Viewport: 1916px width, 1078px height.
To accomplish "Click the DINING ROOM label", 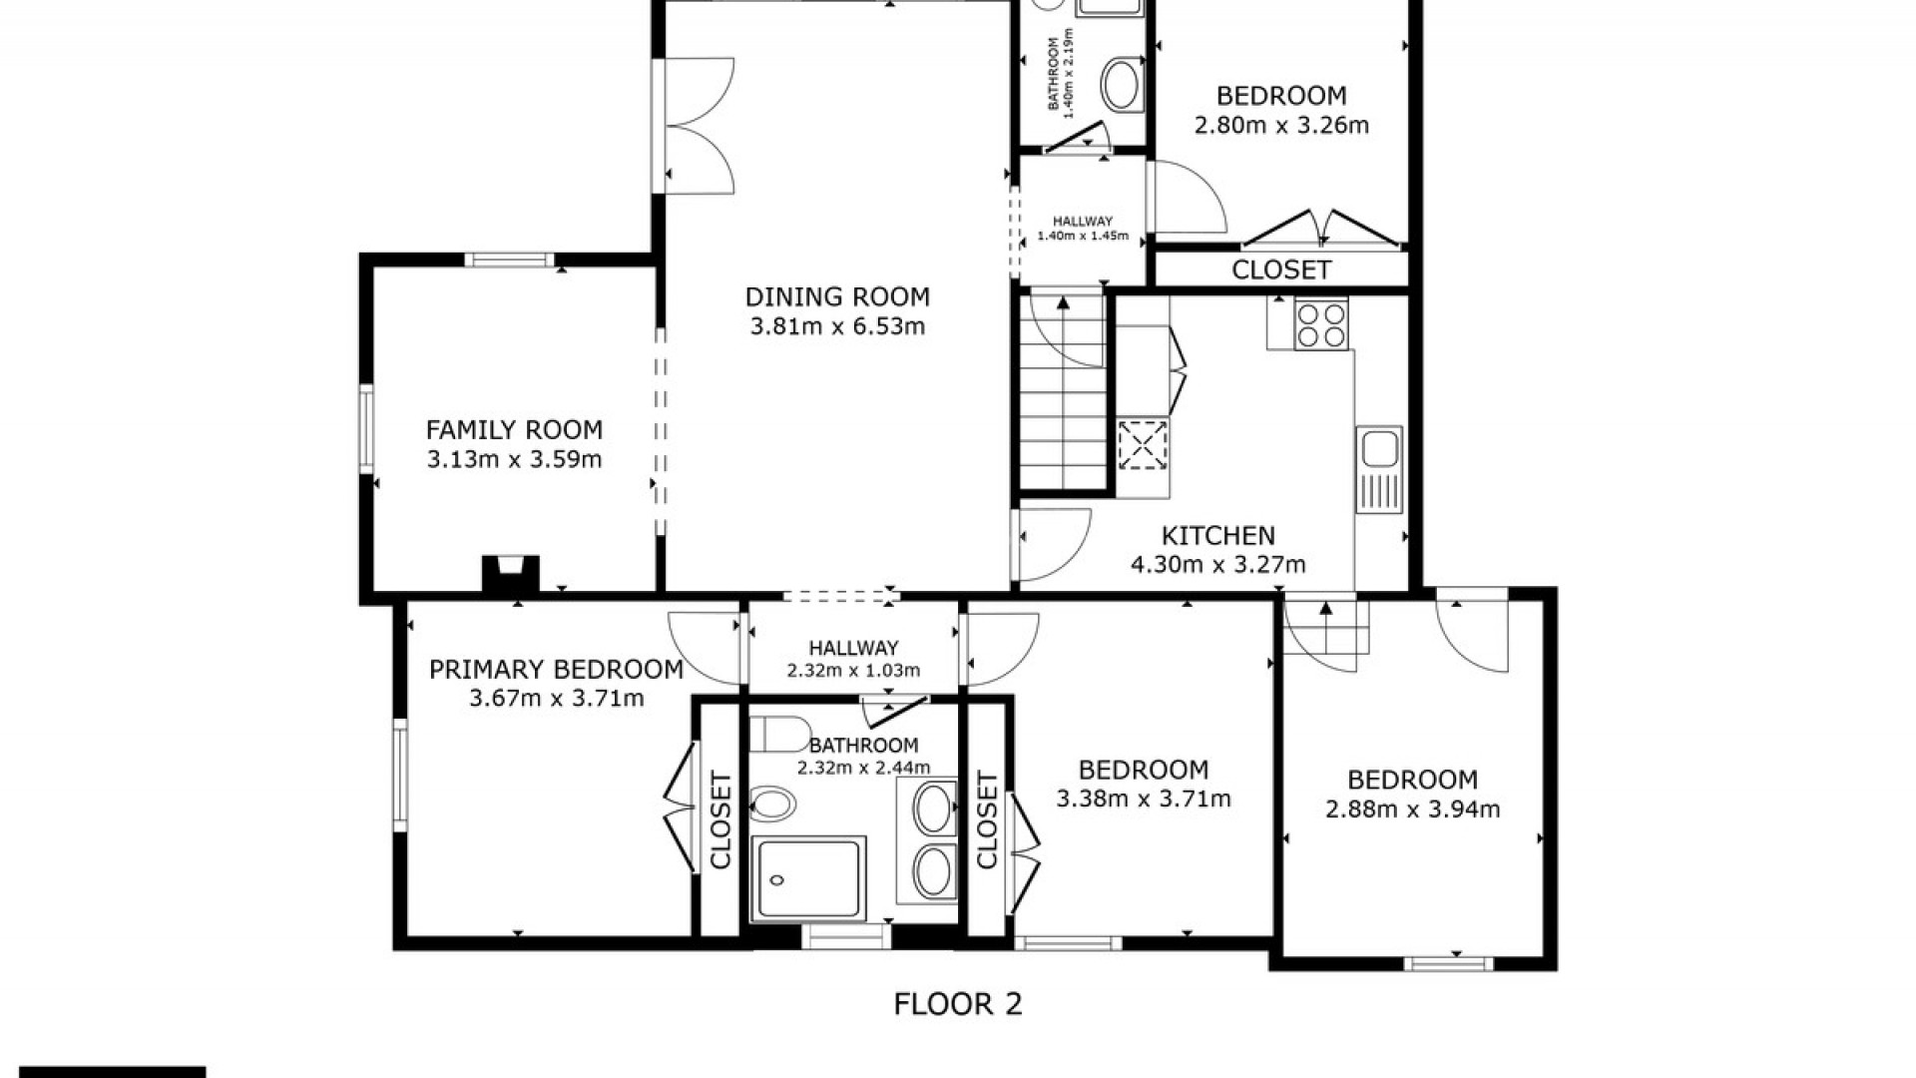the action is [837, 296].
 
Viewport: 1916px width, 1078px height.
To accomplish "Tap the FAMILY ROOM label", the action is [514, 430].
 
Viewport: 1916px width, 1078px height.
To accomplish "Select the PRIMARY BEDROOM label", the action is [556, 669].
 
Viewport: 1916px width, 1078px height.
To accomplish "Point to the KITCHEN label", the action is [1217, 536].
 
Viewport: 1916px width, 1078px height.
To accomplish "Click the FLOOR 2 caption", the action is [958, 1003].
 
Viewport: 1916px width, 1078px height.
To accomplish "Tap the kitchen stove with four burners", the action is [1321, 324].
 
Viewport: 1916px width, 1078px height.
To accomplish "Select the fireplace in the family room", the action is [511, 575].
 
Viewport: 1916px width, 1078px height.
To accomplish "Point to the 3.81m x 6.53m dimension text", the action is [837, 326].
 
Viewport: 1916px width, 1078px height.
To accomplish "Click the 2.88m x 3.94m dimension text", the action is [1412, 809].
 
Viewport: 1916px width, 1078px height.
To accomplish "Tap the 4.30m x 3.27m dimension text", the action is [1217, 565].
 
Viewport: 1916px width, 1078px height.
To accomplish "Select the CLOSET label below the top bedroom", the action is [1281, 269].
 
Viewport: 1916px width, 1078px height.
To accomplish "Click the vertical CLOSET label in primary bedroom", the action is [720, 819].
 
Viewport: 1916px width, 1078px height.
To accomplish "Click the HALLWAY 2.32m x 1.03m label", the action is [853, 659].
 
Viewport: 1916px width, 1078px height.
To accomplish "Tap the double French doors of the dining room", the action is [695, 125].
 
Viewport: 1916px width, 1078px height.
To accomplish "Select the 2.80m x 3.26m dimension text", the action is [1281, 126].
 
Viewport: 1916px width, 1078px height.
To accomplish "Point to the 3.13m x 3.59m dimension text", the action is [514, 460].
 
